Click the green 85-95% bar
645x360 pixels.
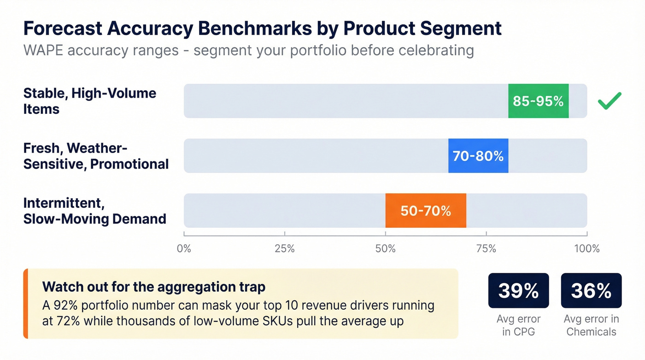[x=538, y=101]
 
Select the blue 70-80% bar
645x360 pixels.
[x=478, y=156]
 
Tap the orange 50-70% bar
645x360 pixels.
[x=426, y=211]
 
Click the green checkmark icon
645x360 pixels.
[x=609, y=100]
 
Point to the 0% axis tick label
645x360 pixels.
[x=184, y=249]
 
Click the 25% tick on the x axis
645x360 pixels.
[x=284, y=249]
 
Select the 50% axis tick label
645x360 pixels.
[x=385, y=249]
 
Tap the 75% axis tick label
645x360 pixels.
[x=486, y=249]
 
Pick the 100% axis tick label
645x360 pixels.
[x=586, y=249]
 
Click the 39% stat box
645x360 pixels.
[x=518, y=290]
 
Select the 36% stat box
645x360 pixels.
[x=591, y=290]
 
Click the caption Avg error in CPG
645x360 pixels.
[x=518, y=325]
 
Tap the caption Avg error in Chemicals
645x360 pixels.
[x=591, y=325]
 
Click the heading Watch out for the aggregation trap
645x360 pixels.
[x=153, y=287]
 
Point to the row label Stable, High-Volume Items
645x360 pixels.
[x=90, y=101]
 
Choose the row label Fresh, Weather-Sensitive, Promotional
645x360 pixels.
[x=96, y=156]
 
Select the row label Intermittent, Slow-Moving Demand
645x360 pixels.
[x=94, y=211]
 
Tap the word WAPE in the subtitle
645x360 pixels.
[x=43, y=49]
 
